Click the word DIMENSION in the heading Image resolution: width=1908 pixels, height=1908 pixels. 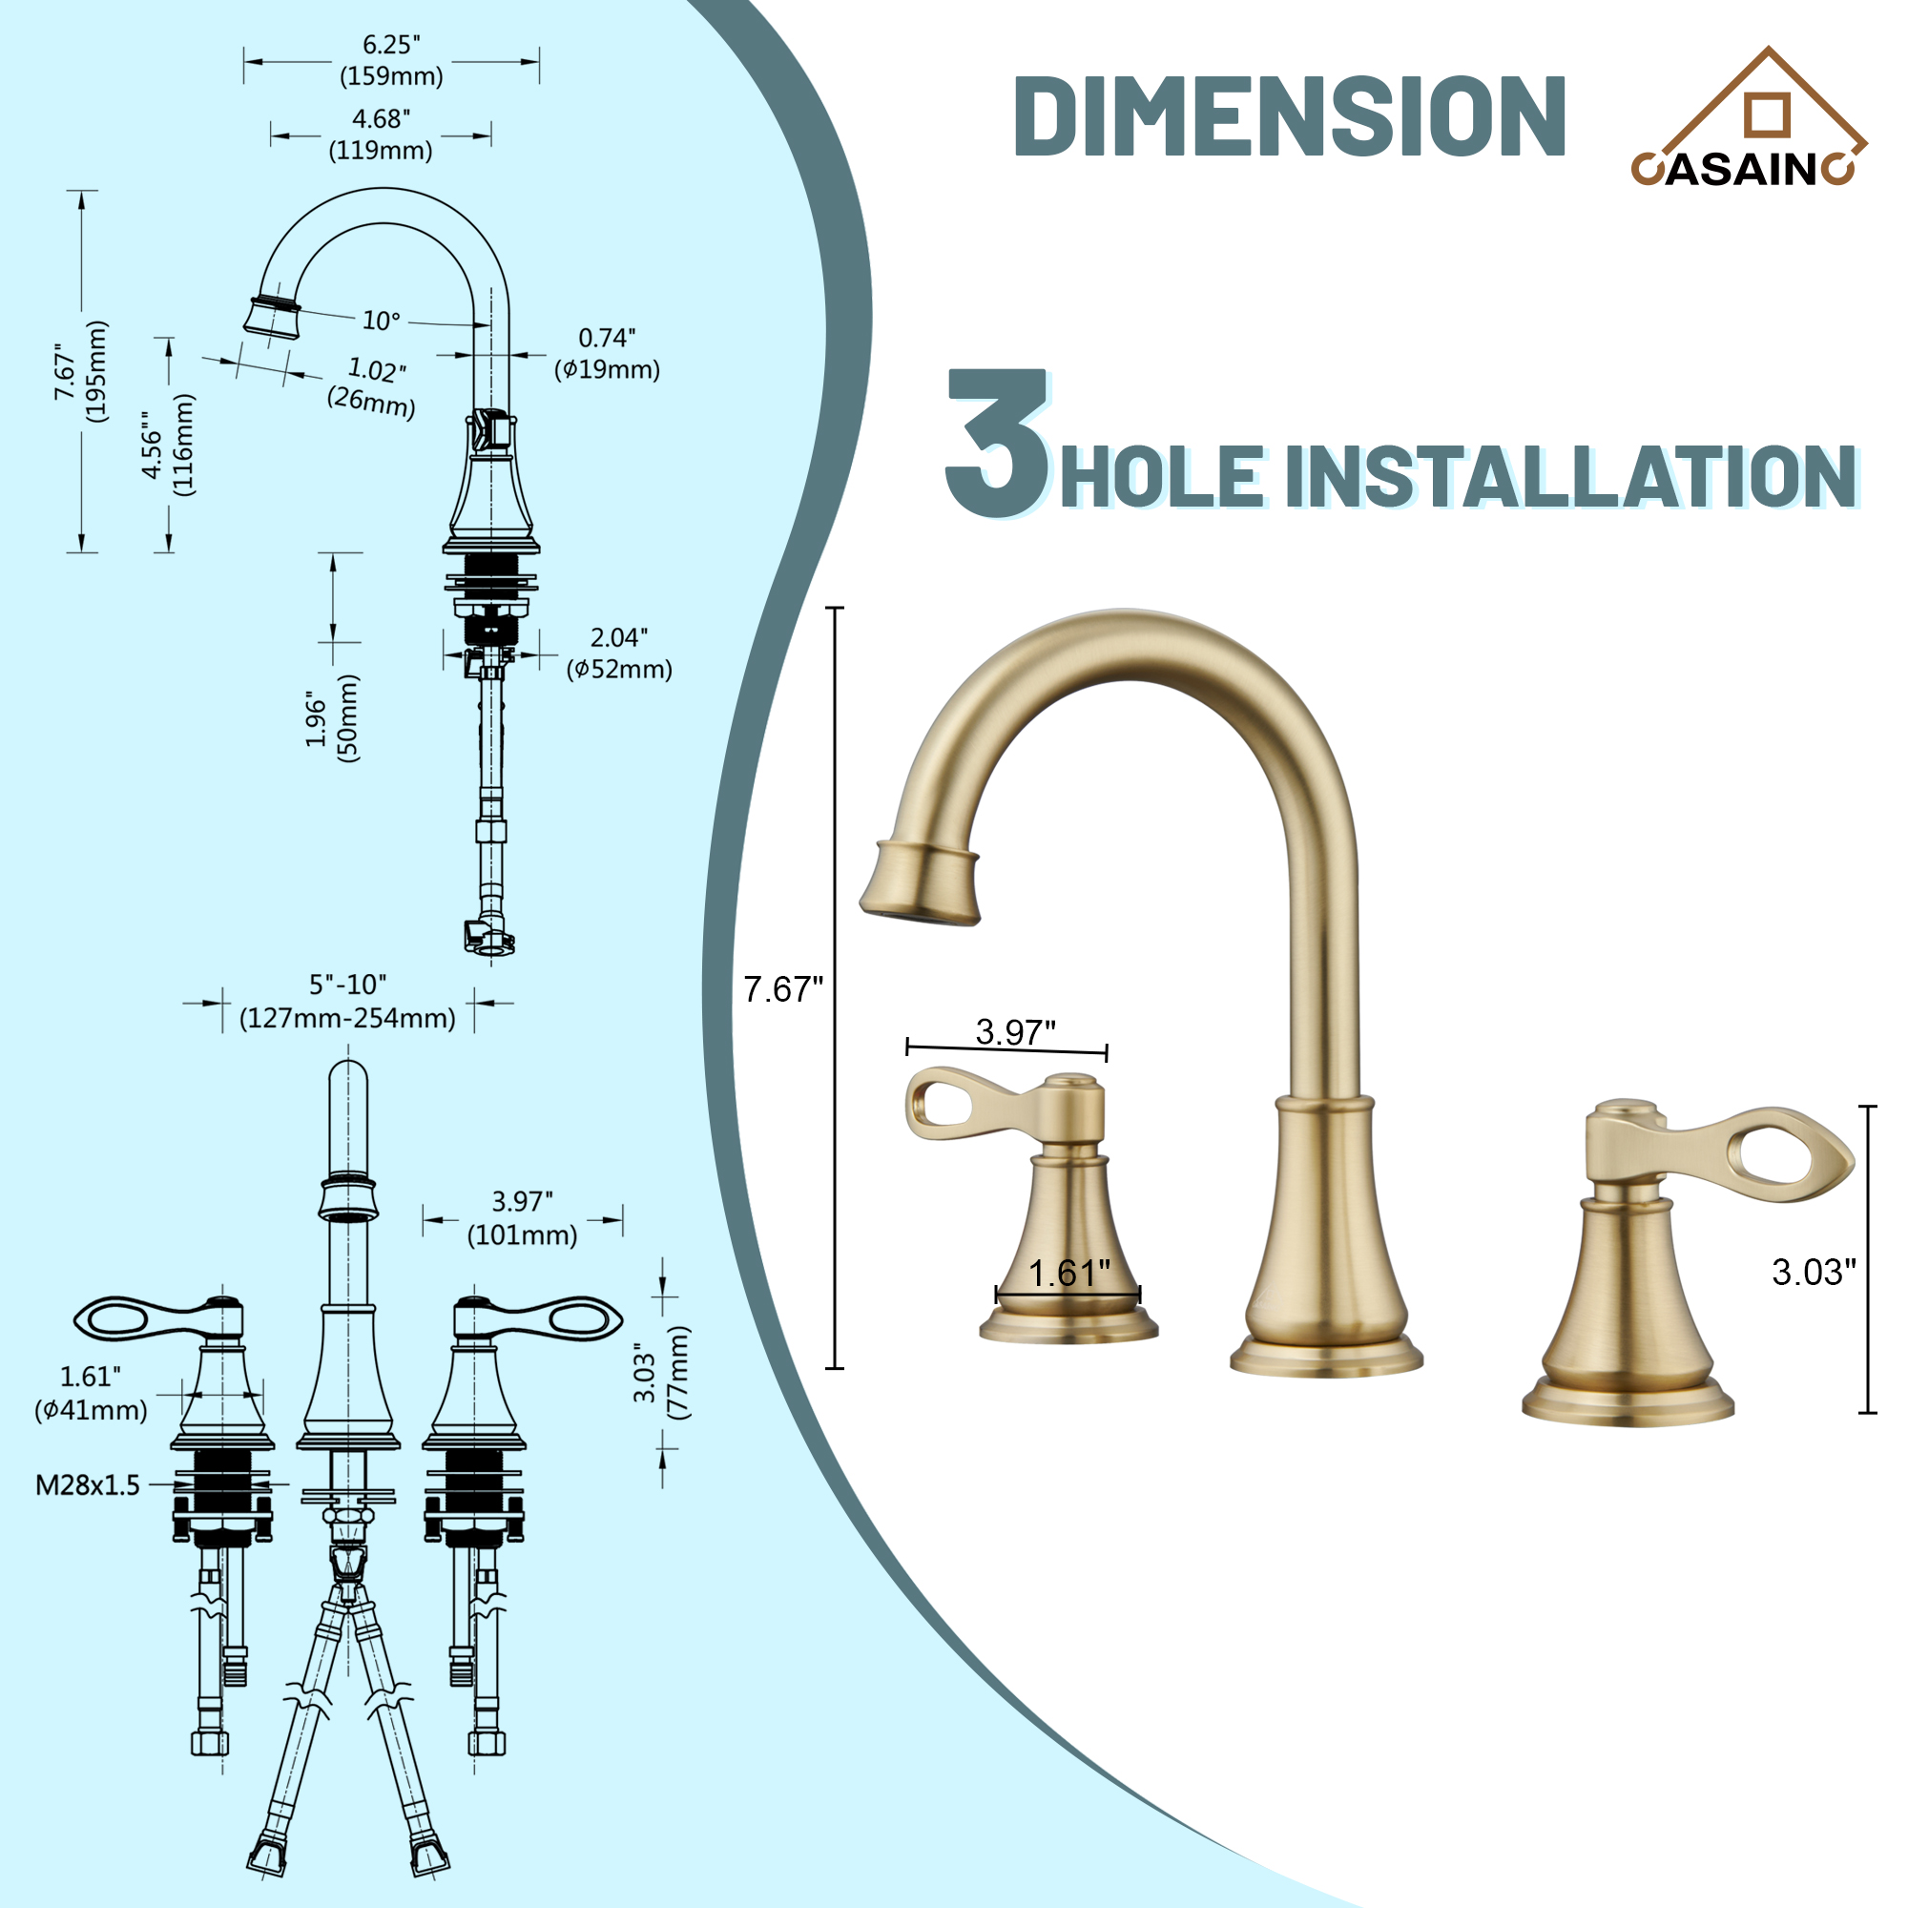tap(1289, 116)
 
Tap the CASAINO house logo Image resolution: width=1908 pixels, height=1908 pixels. tap(1747, 118)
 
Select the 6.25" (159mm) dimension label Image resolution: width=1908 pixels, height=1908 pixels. tap(391, 60)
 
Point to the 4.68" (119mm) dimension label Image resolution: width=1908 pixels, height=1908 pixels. tap(382, 135)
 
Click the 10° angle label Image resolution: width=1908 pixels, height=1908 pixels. tap(382, 321)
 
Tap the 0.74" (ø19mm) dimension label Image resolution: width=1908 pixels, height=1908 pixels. tap(607, 354)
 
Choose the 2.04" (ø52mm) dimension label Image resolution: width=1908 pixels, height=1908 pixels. tap(619, 653)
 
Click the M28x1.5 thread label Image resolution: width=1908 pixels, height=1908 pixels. tap(88, 1485)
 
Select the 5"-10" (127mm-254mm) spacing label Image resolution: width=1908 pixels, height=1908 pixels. tap(347, 1002)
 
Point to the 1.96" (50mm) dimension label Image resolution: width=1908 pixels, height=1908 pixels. tap(333, 718)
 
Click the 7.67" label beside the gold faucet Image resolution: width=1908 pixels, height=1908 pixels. tap(782, 988)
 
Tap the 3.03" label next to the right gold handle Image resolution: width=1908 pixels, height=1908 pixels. tap(1814, 1272)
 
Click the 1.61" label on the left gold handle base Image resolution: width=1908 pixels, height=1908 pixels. tap(1069, 1273)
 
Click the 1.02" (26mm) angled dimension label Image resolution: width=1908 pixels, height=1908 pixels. tap(373, 385)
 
